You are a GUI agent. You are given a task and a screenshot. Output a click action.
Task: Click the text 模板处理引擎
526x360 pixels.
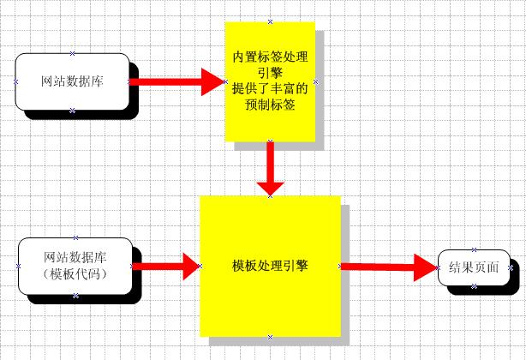point(270,266)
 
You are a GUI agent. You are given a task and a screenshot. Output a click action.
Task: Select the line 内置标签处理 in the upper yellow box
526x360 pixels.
point(270,57)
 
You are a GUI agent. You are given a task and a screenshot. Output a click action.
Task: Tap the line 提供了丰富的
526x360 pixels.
point(270,87)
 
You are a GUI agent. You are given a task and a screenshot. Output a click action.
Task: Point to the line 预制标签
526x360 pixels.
point(270,102)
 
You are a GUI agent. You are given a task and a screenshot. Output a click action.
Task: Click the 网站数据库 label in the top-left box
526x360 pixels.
point(73,82)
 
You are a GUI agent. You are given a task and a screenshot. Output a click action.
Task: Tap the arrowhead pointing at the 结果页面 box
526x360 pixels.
point(424,267)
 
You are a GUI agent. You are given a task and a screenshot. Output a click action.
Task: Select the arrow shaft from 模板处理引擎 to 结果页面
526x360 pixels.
point(377,267)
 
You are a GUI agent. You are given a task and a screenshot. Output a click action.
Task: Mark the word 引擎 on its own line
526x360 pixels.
point(270,73)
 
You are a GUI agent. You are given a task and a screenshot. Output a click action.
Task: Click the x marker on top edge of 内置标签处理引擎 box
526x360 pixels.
point(270,21)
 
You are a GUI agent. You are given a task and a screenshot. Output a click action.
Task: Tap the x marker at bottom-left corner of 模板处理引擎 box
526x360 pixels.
point(201,337)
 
